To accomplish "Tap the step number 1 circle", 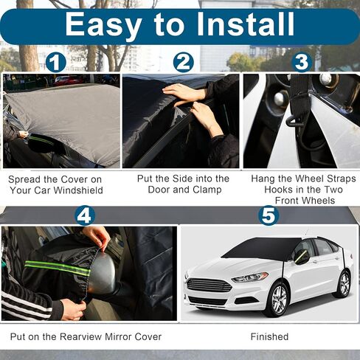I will pos(55,63).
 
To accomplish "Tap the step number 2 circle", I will pos(184,63).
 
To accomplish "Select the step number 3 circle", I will pos(301,62).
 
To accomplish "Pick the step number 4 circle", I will pos(86,216).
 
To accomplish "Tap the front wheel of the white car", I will pos(277,300).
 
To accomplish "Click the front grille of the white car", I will pos(208,285).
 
